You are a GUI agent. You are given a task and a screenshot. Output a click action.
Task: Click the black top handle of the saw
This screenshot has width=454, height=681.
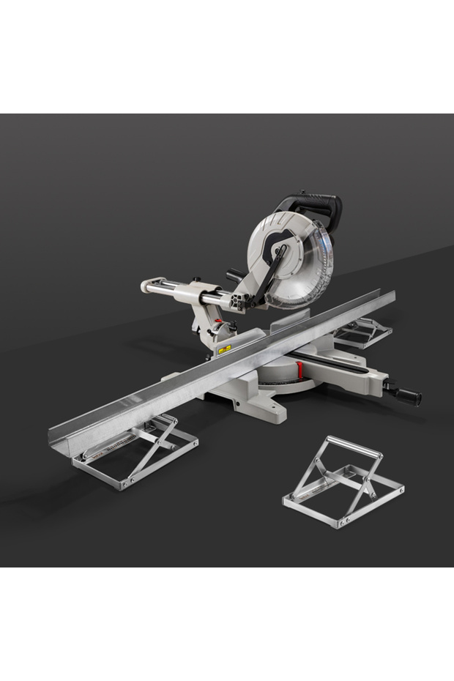311,201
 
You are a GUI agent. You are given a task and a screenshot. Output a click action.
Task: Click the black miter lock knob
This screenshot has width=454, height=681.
406,395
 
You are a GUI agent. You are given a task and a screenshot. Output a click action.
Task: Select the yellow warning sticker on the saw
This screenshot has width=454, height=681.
224,348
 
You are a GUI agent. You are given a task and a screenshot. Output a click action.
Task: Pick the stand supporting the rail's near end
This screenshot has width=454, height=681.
135,450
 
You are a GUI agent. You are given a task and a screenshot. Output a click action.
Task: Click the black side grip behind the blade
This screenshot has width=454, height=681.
236,275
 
